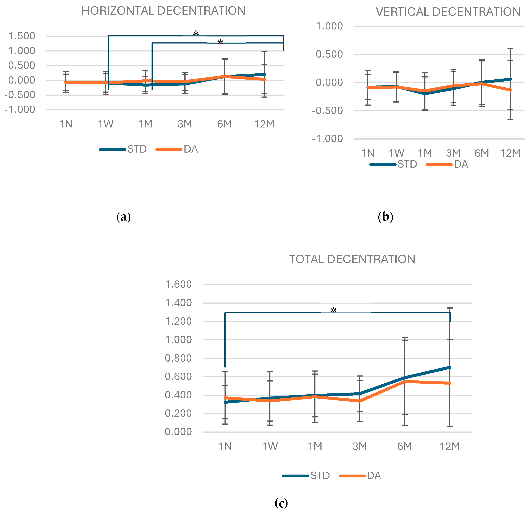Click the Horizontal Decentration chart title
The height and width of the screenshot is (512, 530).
163,11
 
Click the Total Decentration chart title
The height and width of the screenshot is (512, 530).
352,259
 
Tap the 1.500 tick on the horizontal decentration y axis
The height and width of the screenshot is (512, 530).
22,36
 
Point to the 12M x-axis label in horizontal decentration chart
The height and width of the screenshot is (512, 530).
264,124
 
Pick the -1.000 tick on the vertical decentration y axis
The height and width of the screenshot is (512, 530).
327,139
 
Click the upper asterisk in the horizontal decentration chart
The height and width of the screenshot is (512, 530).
196,34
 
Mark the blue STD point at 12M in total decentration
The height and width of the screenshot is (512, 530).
449,367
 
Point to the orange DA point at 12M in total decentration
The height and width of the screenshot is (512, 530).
449,383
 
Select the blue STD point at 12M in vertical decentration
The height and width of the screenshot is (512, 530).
510,79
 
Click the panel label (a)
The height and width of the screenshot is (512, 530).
124,217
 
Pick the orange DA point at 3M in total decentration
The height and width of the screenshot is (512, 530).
360,401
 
